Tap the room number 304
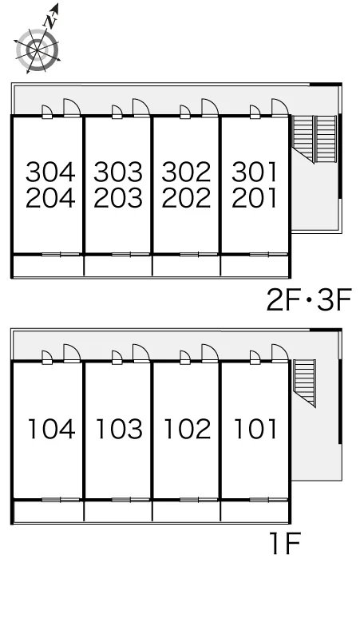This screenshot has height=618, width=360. [50, 172]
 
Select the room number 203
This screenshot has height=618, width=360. [118, 197]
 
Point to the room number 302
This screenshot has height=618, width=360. [186, 172]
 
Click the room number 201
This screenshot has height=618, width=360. [255, 197]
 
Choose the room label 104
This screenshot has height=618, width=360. [51, 429]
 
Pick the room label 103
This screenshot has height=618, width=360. [120, 429]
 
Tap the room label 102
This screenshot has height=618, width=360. [188, 429]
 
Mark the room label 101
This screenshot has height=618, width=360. [255, 429]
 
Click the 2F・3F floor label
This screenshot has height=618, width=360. [309, 300]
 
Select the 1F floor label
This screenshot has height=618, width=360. [286, 544]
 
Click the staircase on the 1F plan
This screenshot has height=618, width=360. [305, 382]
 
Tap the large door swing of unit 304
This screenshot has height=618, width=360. [72, 107]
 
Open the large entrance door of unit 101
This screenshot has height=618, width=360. [279, 353]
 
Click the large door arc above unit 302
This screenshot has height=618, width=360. [210, 107]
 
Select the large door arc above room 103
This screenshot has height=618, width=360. [141, 353]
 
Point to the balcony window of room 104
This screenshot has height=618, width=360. [61, 500]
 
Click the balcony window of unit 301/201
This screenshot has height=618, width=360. [268, 254]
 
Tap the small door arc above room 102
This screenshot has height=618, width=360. [185, 357]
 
